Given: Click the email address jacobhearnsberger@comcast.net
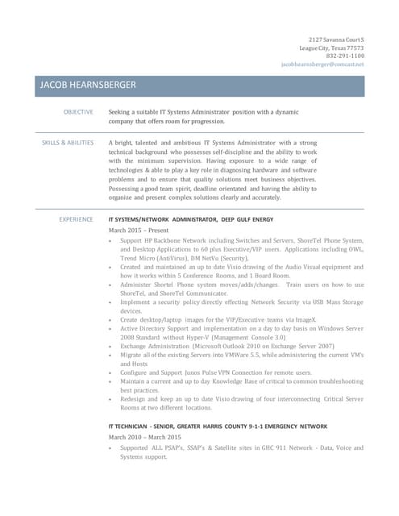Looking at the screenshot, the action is (x=322, y=64).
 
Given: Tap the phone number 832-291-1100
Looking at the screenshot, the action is (x=344, y=56).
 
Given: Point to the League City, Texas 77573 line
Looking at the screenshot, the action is (x=330, y=48).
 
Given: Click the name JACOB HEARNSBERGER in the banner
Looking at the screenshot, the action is (x=87, y=85).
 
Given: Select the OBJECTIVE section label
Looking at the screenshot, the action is (x=78, y=111).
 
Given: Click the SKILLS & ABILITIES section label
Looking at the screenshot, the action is (x=68, y=142).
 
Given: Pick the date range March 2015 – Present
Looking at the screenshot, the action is (x=138, y=230).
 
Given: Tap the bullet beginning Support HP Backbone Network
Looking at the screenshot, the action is (x=110, y=241).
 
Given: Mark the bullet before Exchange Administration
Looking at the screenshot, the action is (x=110, y=346).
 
